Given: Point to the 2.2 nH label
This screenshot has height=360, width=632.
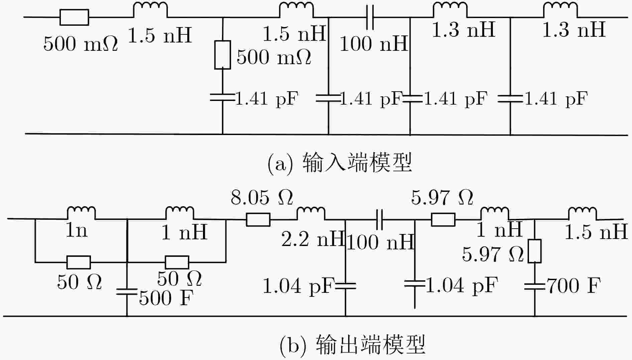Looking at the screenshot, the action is [x=313, y=239].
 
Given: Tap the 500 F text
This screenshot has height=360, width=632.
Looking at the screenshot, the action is [x=166, y=298].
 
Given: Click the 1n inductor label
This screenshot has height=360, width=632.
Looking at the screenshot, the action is [x=77, y=230].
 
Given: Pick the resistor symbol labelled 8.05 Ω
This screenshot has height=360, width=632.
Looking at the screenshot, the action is [x=258, y=220].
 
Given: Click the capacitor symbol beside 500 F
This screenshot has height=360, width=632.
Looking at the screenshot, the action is [x=127, y=292].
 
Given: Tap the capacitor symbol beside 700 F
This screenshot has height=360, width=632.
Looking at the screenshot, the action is [x=535, y=286].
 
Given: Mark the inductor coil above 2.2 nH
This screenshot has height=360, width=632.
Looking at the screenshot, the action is [x=311, y=213].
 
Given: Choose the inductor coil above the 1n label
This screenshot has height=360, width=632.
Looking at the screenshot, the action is [x=81, y=213].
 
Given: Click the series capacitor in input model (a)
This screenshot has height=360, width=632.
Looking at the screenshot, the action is [x=370, y=17].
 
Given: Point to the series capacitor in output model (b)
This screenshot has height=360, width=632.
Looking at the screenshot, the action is [x=380, y=220].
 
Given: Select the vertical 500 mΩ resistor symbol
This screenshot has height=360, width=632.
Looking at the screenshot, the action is [x=222, y=55].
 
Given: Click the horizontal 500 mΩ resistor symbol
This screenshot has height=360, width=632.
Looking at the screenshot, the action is [x=74, y=17].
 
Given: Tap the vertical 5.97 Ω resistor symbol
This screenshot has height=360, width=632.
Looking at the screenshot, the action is [x=535, y=251].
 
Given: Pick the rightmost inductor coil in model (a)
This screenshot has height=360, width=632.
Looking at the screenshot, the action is [x=560, y=10].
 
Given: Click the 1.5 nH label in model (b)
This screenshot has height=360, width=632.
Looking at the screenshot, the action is [x=596, y=232].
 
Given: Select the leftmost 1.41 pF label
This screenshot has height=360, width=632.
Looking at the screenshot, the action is [x=267, y=98].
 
